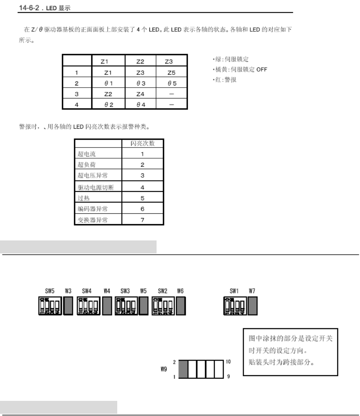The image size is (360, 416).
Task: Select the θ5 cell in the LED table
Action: tap(171, 83)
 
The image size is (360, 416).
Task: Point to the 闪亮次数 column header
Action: tap(142, 143)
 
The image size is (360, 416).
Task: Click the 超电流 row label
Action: tap(87, 154)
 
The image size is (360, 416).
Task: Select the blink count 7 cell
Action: tap(142, 220)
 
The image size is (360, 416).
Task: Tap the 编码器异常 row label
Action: tap(92, 209)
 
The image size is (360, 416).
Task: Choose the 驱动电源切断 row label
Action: tap(95, 187)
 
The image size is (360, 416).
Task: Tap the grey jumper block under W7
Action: tap(253, 306)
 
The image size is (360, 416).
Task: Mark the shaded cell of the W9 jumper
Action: tap(183, 369)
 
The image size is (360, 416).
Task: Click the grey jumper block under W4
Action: tap(106, 306)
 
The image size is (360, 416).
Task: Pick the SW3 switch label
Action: tap(125, 291)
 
